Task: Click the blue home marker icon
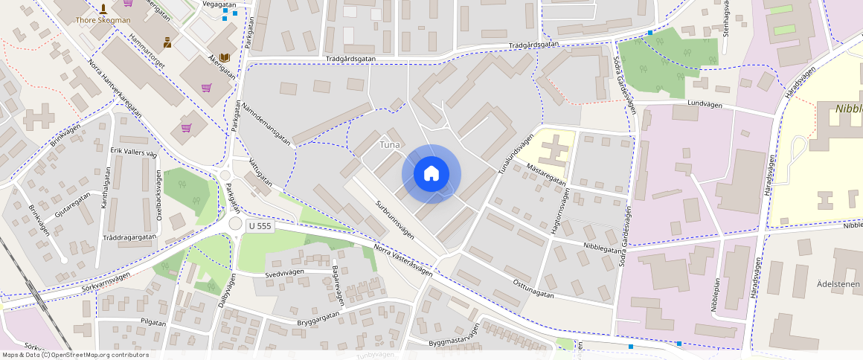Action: [431, 174]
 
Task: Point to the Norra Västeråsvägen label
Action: [402, 261]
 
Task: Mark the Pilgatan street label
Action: [152, 321]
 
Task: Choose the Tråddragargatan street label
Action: [129, 237]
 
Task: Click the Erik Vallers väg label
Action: [134, 152]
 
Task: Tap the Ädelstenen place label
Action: [838, 283]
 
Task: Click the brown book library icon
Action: [225, 57]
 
